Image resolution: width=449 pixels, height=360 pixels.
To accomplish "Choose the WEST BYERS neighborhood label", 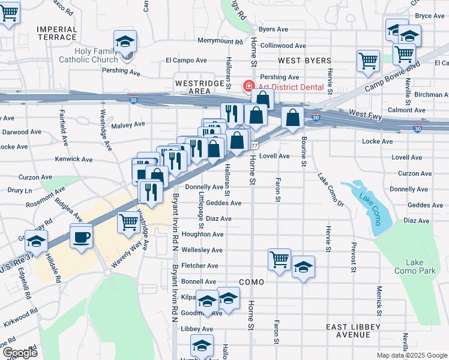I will [305, 61].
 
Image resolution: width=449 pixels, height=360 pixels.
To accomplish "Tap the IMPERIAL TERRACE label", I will [57, 33].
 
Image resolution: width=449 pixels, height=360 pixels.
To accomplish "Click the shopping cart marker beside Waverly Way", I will [129, 221].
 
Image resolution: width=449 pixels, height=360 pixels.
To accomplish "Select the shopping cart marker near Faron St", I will [279, 260].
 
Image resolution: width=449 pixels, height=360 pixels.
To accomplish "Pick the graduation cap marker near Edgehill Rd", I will [36, 241].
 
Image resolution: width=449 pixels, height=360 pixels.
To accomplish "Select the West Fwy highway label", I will [364, 113].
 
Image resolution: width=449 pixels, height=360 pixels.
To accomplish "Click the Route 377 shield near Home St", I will [255, 145].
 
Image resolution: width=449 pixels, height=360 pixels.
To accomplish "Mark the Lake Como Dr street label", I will [331, 190].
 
